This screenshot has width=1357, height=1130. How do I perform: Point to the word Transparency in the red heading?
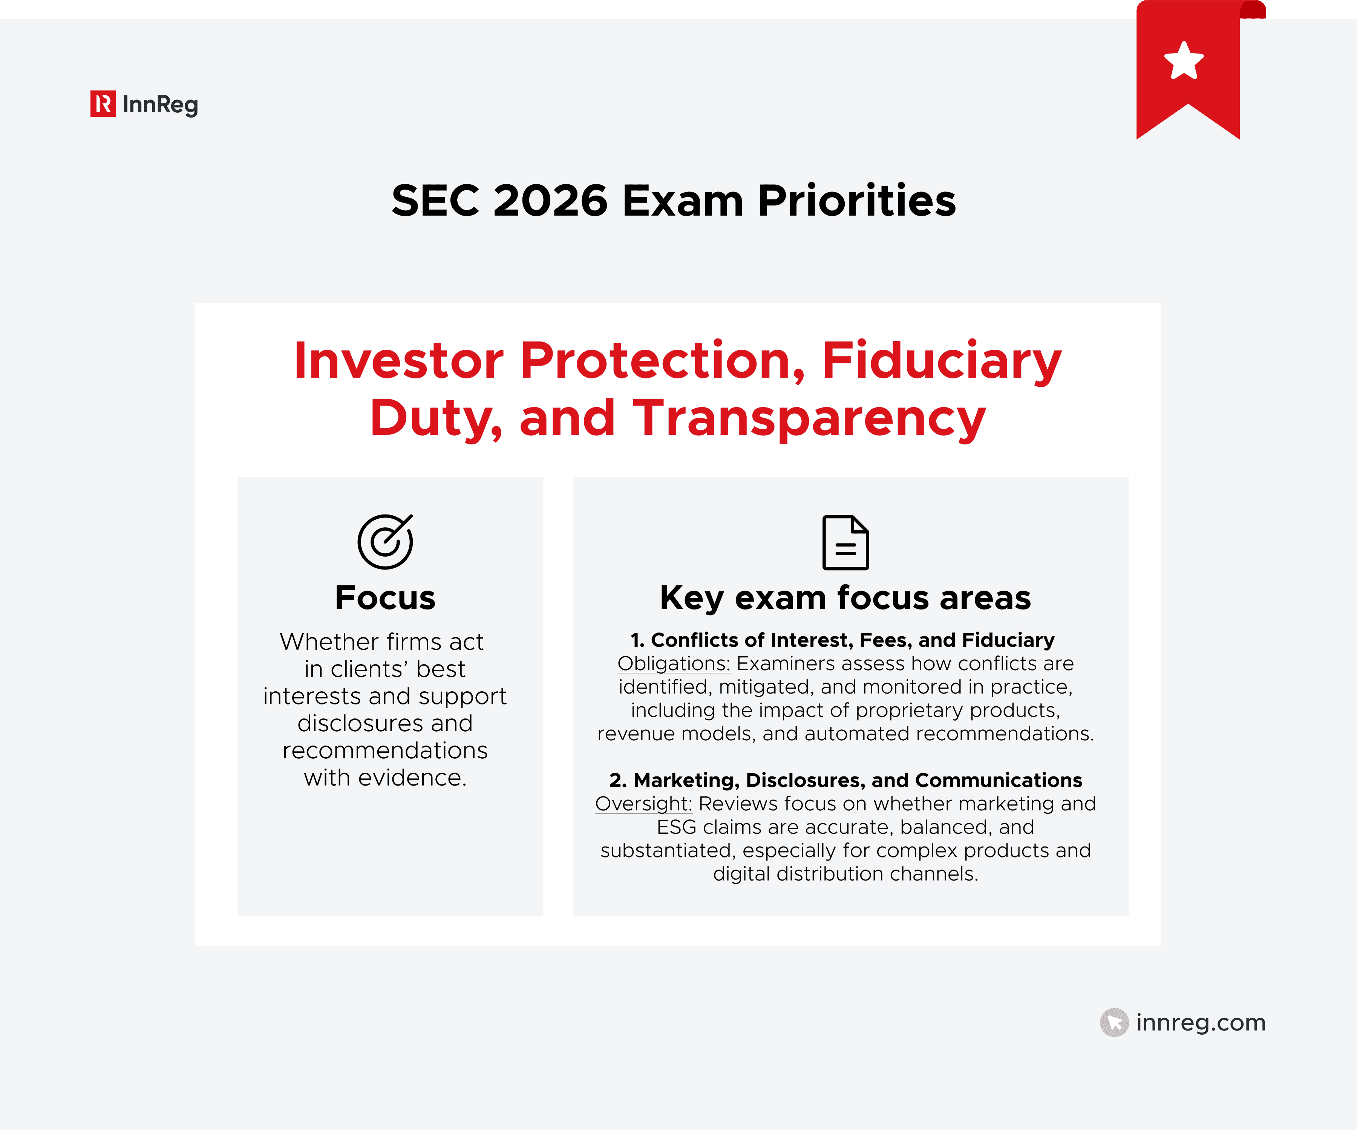[x=809, y=418]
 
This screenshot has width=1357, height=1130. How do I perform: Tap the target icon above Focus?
[x=385, y=541]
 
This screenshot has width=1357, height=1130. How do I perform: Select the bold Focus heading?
[x=385, y=598]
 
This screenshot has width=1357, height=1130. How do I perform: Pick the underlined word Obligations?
[x=673, y=663]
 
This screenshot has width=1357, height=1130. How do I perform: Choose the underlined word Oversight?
[x=643, y=804]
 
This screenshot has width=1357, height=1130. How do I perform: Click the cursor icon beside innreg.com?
[x=1114, y=1022]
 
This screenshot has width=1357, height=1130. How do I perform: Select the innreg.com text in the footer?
[x=1201, y=1022]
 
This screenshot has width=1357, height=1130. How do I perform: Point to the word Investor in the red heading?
[x=398, y=360]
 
